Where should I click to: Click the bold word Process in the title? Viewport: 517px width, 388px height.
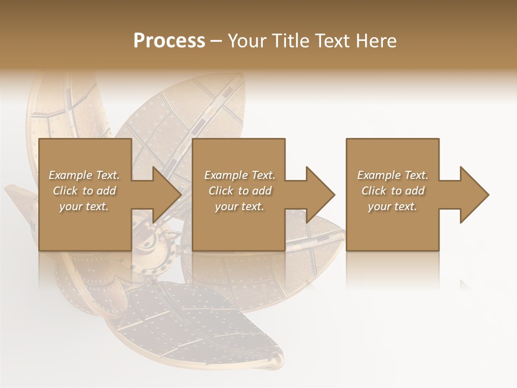[x=169, y=41]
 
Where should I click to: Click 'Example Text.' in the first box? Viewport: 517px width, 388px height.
[x=84, y=175]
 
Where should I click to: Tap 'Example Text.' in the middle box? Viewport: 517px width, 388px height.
[x=239, y=175]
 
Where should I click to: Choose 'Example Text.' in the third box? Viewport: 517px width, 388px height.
[x=392, y=175]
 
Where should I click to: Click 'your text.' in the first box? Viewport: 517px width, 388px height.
[x=84, y=206]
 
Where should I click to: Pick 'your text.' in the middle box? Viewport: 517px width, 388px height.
[x=239, y=206]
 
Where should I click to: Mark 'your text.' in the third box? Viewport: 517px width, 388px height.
[x=392, y=206]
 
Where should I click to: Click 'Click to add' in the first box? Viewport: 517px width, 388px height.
[x=84, y=191]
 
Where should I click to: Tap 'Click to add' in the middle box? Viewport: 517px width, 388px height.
[x=239, y=191]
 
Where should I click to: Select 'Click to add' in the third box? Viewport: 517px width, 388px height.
[x=392, y=191]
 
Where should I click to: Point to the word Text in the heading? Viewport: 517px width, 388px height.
[x=332, y=41]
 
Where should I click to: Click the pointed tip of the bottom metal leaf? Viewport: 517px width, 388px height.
[x=278, y=360]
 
